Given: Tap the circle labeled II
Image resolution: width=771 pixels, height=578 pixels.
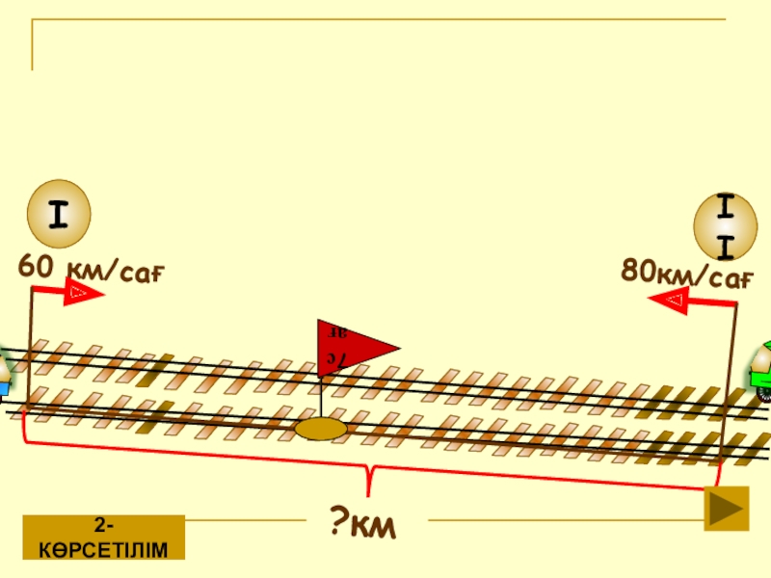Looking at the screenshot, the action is (x=726, y=226).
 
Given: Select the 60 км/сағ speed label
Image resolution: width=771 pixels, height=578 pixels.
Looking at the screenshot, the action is (x=92, y=270).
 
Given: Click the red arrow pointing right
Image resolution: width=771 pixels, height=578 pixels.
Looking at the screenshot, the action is (x=83, y=292).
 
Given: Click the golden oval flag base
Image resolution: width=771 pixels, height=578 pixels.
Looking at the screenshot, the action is (x=322, y=428).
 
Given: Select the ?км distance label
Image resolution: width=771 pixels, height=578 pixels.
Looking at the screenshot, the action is (x=364, y=525).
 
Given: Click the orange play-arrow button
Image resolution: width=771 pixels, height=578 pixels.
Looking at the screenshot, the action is (x=727, y=509).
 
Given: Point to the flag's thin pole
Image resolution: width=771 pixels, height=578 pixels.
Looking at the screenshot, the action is (x=320, y=395).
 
